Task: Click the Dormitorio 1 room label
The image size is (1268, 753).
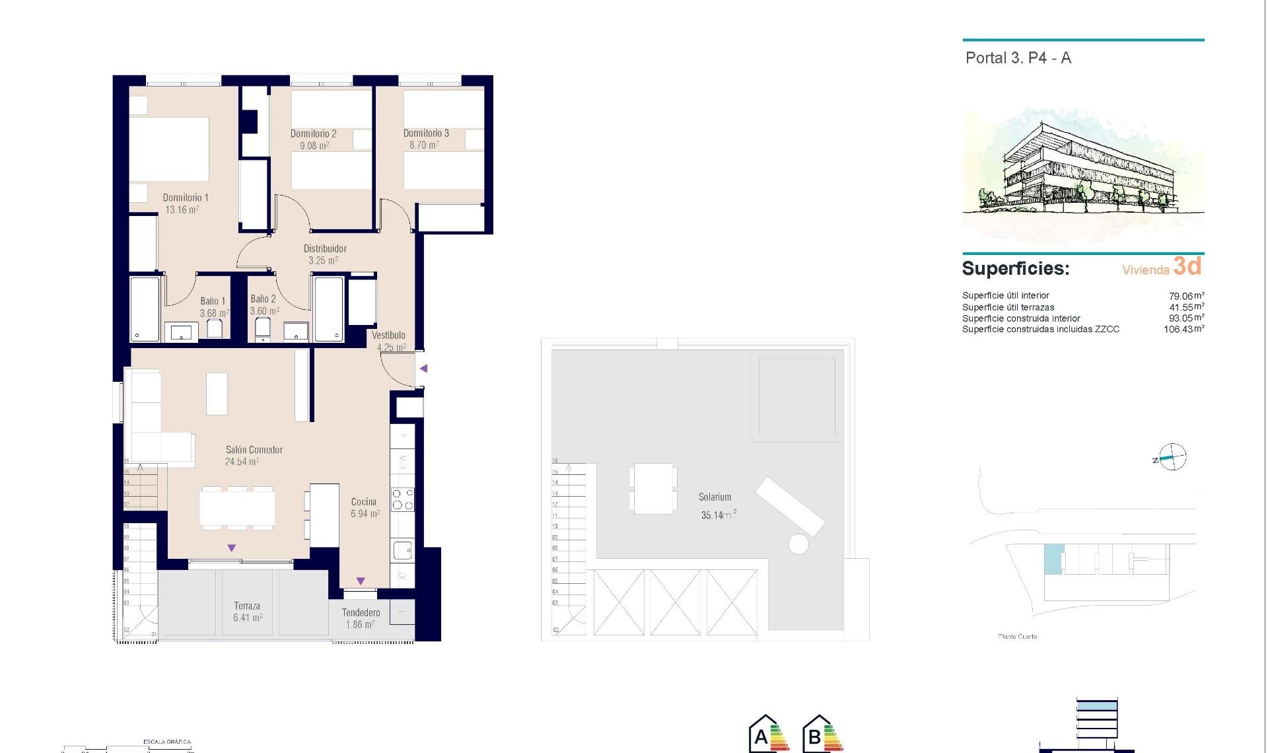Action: click(186, 197)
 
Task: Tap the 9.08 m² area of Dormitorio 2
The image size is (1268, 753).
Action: click(314, 146)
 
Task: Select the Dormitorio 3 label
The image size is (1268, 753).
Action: click(426, 133)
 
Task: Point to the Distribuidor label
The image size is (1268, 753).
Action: click(325, 249)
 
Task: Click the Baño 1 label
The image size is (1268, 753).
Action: click(213, 301)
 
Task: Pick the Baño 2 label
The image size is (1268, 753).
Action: click(263, 299)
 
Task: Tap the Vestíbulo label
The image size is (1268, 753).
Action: click(388, 336)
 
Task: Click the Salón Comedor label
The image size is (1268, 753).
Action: click(254, 450)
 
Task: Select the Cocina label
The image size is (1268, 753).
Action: click(364, 502)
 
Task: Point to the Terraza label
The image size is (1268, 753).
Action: click(247, 606)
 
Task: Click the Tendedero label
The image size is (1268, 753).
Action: click(361, 613)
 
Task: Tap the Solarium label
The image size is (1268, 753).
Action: click(715, 497)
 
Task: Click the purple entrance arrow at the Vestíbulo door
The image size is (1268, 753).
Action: click(424, 369)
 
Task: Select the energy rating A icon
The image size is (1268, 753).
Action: click(767, 735)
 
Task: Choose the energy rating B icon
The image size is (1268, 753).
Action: click(822, 735)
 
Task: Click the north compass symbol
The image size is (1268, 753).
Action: click(1172, 457)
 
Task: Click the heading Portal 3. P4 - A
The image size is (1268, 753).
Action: click(1018, 58)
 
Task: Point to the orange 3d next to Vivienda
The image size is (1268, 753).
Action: click(1187, 266)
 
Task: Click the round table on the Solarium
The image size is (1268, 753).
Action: click(798, 545)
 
